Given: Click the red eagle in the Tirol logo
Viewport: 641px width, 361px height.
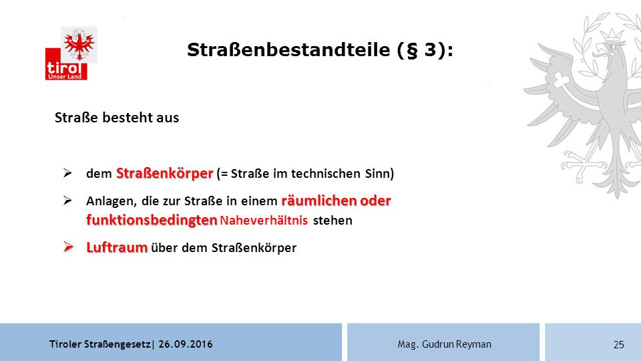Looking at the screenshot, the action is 79,45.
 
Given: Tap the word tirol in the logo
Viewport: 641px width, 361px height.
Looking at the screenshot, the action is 64,68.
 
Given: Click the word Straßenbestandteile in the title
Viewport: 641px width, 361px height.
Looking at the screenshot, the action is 288,50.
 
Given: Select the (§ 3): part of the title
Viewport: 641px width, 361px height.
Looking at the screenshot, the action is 425,50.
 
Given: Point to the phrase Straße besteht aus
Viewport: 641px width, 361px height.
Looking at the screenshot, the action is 117,118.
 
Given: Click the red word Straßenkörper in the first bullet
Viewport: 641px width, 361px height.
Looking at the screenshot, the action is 165,173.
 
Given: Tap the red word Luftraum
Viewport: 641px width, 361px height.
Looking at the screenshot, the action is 117,247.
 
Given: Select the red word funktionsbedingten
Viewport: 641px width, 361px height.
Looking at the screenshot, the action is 152,220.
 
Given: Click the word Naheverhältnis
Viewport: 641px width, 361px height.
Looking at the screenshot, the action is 264,221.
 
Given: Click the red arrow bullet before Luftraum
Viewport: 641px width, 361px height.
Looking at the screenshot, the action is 68,247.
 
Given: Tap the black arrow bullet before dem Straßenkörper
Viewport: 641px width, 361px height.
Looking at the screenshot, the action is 67,172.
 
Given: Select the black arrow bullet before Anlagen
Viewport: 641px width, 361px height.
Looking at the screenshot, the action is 67,200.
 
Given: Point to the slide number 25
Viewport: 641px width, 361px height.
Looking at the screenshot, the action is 619,345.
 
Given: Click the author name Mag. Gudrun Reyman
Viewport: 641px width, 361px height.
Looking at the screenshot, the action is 445,344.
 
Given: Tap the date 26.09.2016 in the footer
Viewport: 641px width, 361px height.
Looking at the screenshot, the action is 186,344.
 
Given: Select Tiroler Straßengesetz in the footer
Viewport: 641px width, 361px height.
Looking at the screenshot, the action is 100,344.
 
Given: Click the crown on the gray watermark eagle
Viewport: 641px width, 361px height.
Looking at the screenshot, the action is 612,35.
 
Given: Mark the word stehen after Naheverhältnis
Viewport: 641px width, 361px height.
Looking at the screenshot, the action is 333,221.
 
